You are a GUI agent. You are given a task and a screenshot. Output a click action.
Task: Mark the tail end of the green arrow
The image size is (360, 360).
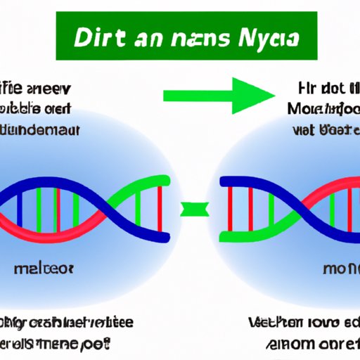(166, 96)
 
